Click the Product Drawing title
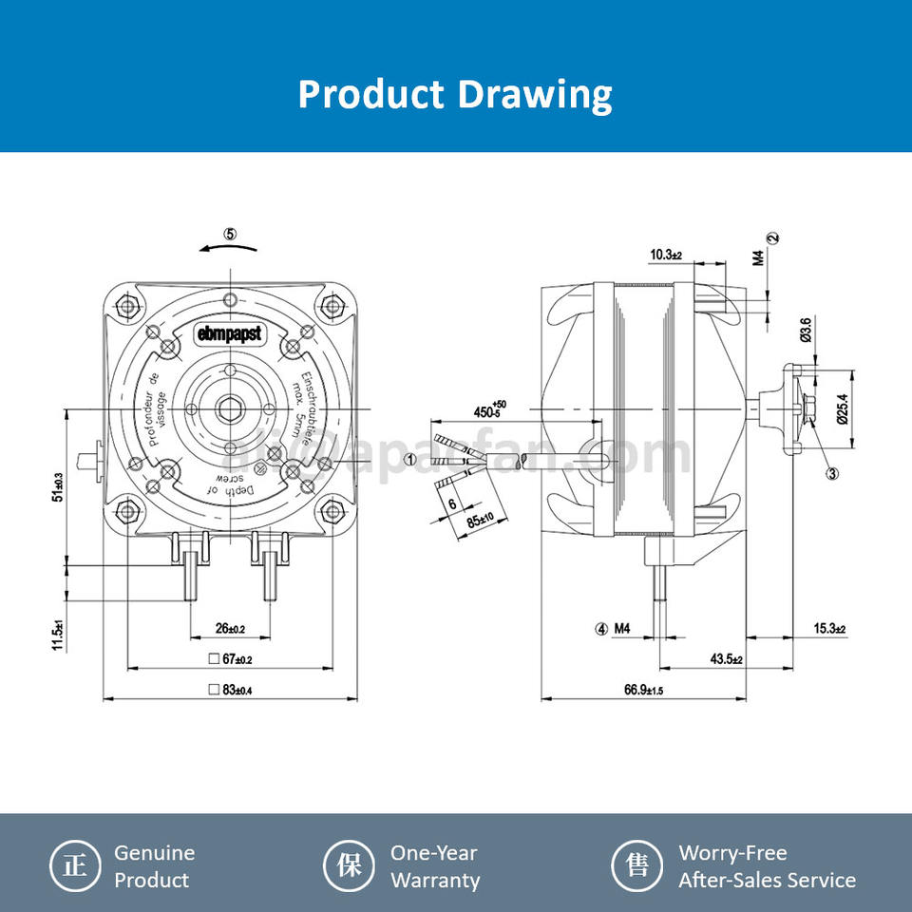click(455, 95)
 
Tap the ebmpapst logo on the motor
click(229, 333)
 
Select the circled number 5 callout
click(230, 234)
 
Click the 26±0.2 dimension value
click(230, 628)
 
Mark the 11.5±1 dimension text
click(58, 635)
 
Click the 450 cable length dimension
click(490, 411)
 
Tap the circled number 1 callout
click(410, 458)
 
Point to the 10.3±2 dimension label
click(667, 255)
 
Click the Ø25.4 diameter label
click(842, 408)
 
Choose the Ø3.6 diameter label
click(806, 330)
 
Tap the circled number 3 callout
click(831, 474)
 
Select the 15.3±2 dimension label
click(828, 629)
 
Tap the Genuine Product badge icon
click(74, 865)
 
